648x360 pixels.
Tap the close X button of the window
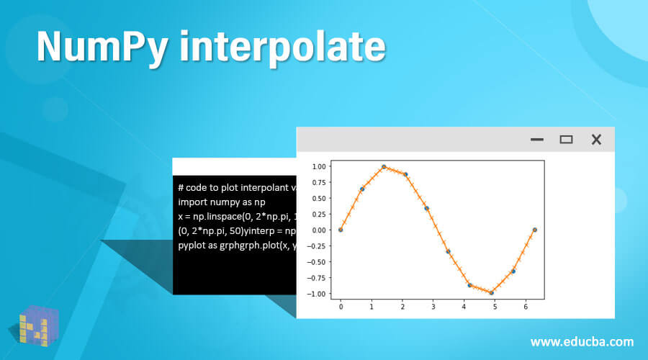click(x=596, y=140)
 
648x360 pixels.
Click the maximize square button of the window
click(x=566, y=140)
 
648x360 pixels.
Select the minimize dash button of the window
click(x=537, y=140)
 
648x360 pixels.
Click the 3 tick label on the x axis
click(x=433, y=307)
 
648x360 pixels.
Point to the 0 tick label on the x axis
click(x=341, y=307)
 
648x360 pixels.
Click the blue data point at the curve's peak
click(x=384, y=166)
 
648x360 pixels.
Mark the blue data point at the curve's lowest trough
click(x=491, y=292)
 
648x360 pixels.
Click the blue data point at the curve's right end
click(x=534, y=230)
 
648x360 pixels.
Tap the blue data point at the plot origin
click(x=341, y=230)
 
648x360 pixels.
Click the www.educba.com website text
click(x=582, y=341)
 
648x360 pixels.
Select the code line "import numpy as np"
click(x=222, y=202)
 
